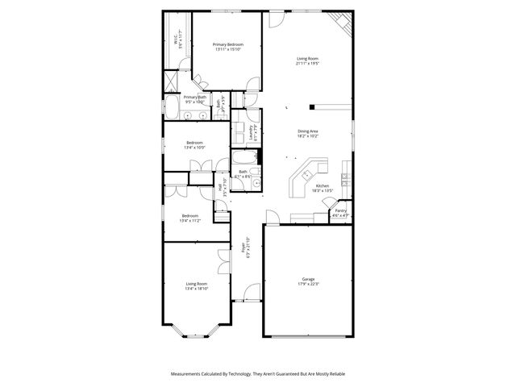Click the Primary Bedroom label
[x=227, y=47]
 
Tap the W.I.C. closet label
[x=178, y=38]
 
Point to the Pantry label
[x=341, y=213]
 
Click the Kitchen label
[x=322, y=189]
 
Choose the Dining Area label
[x=308, y=133]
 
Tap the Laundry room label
[x=252, y=132]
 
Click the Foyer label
[x=247, y=249]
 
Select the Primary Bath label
[x=195, y=99]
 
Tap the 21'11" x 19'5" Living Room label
[x=308, y=60]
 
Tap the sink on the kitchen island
[x=307, y=175]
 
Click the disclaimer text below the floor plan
[x=257, y=375]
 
